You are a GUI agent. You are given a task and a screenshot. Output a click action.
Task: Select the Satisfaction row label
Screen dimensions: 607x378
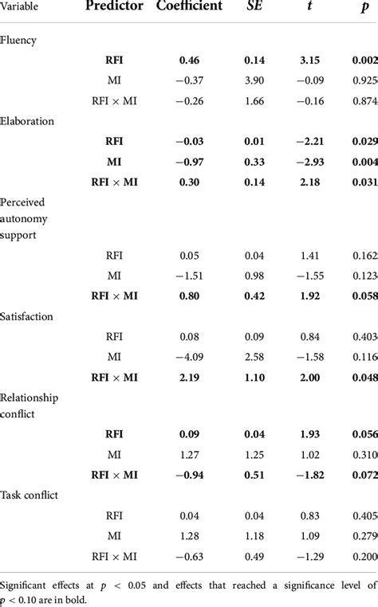point(27,316)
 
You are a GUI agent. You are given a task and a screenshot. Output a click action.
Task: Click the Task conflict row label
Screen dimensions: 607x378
point(30,493)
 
